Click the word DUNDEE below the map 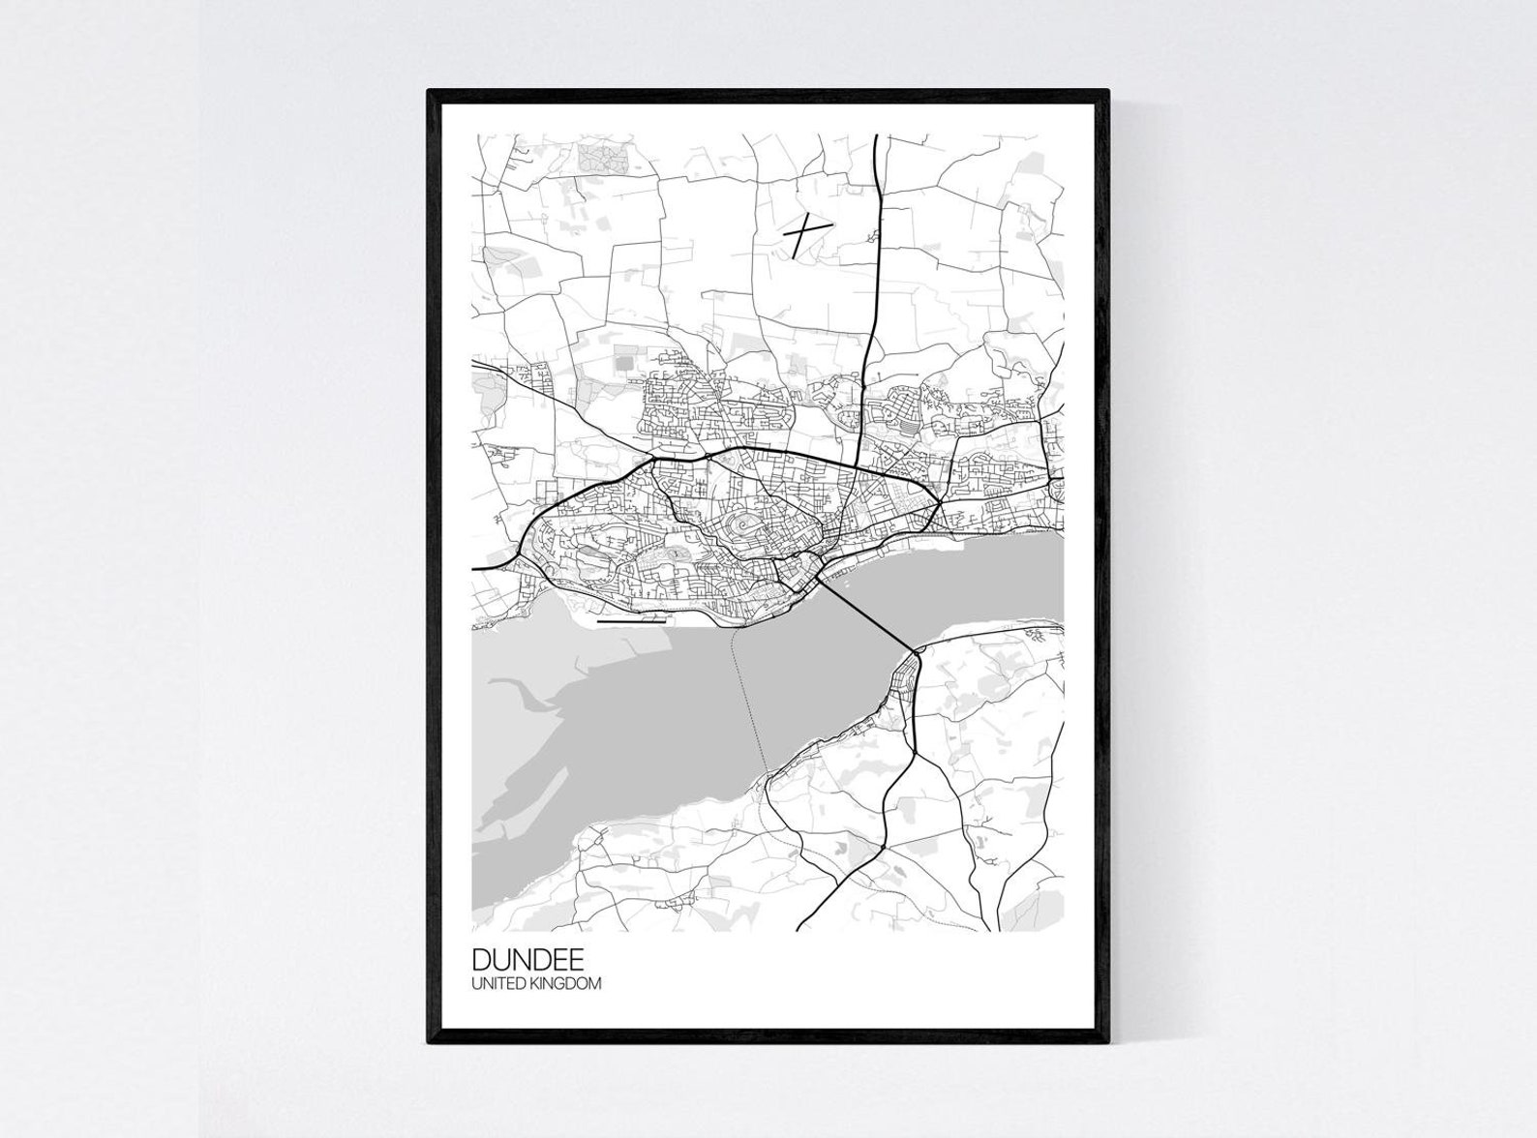click(x=527, y=959)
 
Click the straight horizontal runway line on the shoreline click(x=632, y=622)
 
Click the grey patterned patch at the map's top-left click(x=602, y=156)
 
